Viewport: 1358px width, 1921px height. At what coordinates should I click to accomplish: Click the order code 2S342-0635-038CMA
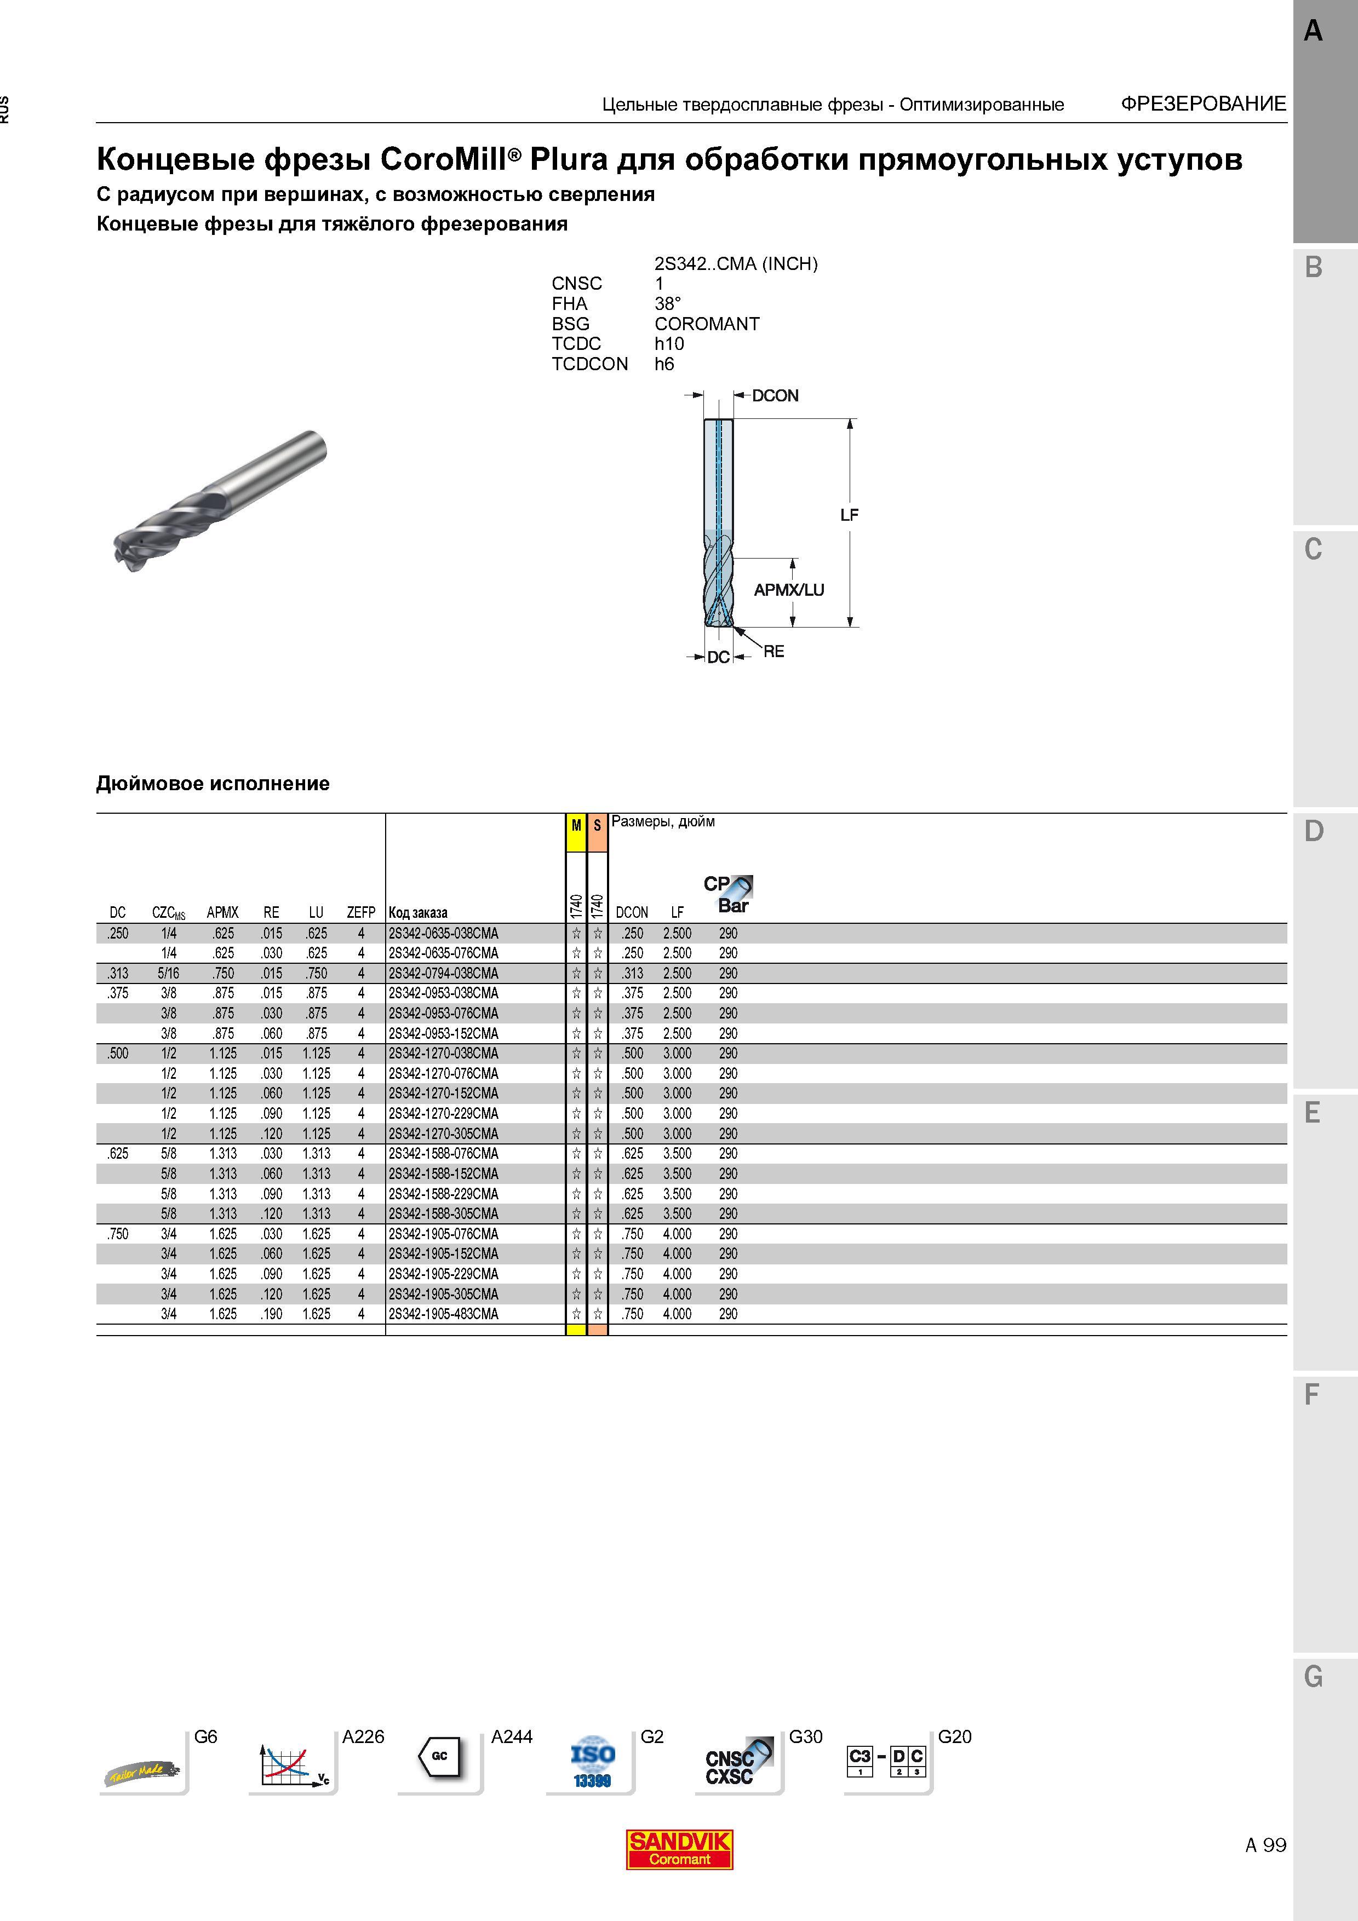[x=444, y=933]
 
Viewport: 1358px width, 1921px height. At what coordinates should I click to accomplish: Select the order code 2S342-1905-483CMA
[x=444, y=1314]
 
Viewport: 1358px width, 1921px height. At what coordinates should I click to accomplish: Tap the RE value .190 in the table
[x=271, y=1314]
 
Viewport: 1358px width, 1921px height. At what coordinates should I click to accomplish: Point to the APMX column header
[x=222, y=912]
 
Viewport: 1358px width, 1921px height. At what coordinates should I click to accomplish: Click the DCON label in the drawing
[x=775, y=396]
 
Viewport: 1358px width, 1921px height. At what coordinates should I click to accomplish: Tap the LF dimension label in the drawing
[x=849, y=515]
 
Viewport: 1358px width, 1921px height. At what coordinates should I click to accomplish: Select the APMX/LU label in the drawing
[x=789, y=590]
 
